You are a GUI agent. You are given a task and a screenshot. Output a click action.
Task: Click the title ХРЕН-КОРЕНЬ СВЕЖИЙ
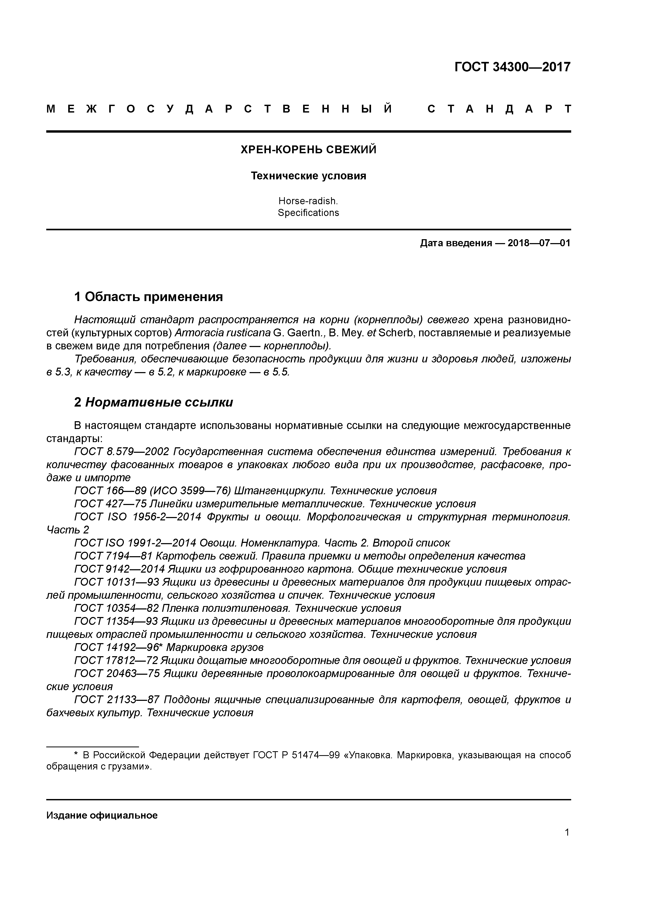click(308, 150)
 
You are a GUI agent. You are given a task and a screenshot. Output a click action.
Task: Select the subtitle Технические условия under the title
click(308, 176)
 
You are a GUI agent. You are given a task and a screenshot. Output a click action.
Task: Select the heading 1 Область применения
click(148, 297)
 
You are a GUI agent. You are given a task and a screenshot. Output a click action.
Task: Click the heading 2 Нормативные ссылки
click(153, 403)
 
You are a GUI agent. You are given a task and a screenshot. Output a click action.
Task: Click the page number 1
click(567, 832)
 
